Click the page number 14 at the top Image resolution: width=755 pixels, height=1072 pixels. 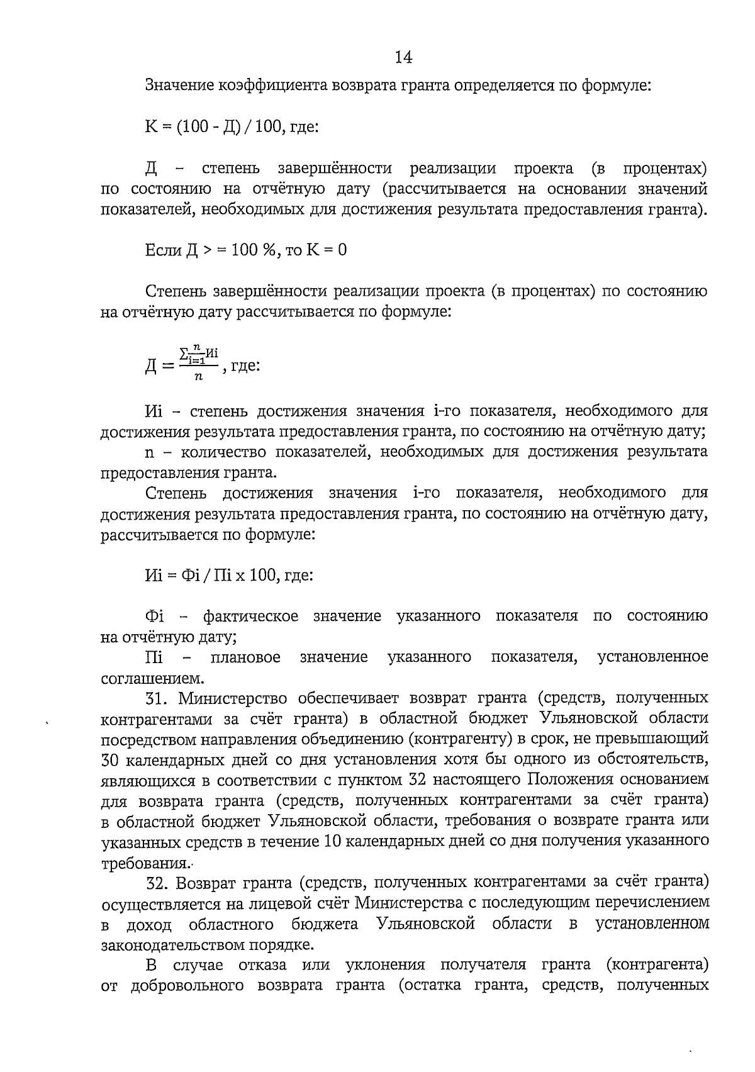click(403, 58)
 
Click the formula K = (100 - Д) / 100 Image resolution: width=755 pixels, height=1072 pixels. click(214, 127)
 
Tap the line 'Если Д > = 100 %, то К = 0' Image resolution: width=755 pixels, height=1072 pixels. click(245, 250)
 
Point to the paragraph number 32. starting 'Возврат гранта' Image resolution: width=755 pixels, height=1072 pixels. click(157, 883)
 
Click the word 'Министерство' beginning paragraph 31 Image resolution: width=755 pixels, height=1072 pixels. click(233, 699)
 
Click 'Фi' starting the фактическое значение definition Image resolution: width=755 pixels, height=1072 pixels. click(155, 617)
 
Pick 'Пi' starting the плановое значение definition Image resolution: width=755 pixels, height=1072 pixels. click(154, 658)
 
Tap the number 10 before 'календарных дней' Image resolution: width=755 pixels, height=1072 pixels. click(333, 842)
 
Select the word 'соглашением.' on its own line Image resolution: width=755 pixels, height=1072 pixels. click(152, 679)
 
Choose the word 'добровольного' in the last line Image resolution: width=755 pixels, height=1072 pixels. click(187, 986)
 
